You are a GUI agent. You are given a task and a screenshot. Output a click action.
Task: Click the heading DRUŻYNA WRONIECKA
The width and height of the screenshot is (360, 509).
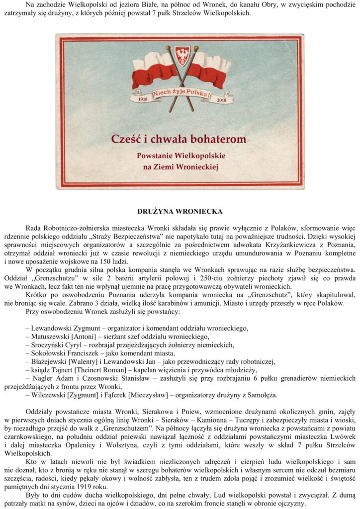click(x=180, y=211)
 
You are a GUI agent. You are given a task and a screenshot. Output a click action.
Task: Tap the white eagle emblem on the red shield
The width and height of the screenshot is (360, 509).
click(x=182, y=56)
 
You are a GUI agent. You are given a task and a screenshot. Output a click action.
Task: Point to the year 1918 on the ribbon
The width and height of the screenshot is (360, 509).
click(x=143, y=98)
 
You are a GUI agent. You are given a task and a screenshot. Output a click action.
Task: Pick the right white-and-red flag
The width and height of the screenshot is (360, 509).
click(x=209, y=67)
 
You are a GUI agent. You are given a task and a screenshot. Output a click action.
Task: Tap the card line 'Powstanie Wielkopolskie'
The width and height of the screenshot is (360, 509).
click(x=180, y=156)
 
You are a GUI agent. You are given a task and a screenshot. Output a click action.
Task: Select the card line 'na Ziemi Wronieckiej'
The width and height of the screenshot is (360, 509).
click(x=180, y=168)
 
